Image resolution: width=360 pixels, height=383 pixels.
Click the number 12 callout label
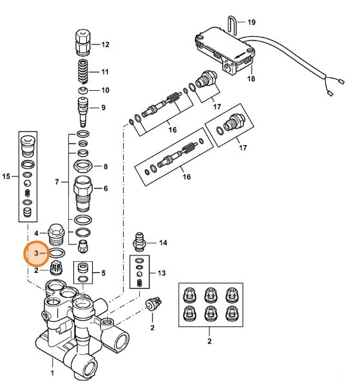tap(105, 44)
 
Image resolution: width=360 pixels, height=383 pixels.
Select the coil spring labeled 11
tap(85, 71)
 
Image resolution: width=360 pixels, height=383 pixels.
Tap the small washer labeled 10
tap(84, 90)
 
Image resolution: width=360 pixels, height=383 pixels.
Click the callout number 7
tap(57, 183)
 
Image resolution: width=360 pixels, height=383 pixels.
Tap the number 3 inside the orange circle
tap(37, 254)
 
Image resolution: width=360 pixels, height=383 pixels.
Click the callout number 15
tap(7, 176)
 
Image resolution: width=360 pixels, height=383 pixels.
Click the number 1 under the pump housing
tap(53, 372)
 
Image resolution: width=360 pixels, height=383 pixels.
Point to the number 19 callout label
tap(251, 22)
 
